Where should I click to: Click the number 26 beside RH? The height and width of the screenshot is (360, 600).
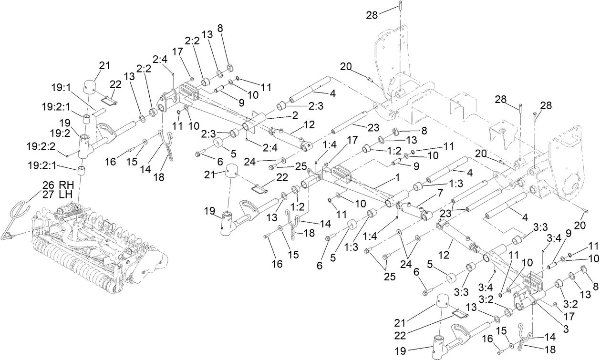coord(48,185)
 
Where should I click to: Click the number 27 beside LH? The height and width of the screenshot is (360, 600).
coord(48,194)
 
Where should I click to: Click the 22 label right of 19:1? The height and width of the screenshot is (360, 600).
coord(116,84)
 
